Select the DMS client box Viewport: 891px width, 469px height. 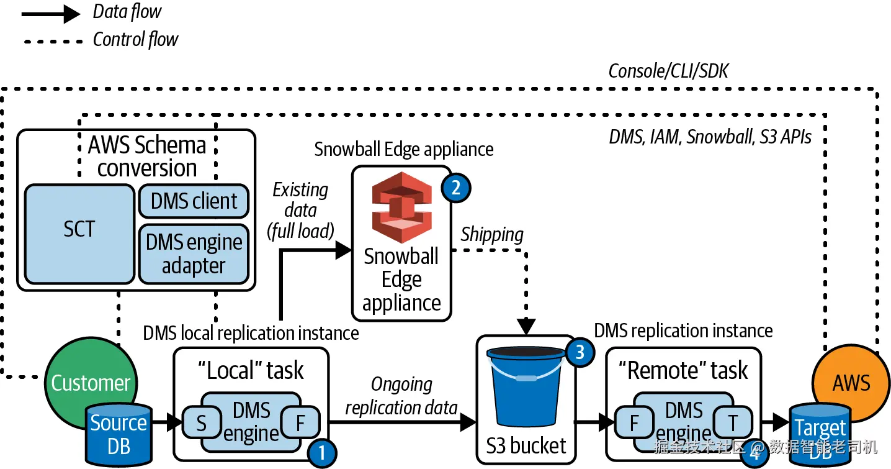click(194, 201)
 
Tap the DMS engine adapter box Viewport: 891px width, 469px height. click(194, 254)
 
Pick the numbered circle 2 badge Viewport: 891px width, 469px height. click(456, 188)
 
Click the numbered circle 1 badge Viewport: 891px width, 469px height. click(321, 453)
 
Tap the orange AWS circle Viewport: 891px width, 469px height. click(851, 380)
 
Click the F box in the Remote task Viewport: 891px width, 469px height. click(634, 423)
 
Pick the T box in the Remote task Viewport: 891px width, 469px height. click(733, 423)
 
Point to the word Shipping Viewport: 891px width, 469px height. click(492, 234)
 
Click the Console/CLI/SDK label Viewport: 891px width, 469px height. click(668, 71)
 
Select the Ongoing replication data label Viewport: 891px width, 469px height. click(401, 396)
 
